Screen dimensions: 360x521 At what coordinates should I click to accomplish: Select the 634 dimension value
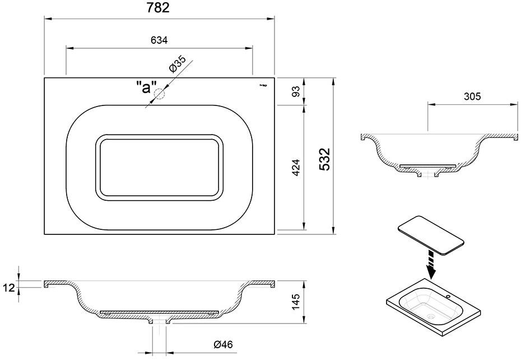pyautogui.click(x=159, y=40)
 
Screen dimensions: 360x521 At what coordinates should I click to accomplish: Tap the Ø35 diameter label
pyautogui.click(x=178, y=67)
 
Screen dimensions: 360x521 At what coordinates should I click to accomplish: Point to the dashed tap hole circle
pyautogui.click(x=161, y=94)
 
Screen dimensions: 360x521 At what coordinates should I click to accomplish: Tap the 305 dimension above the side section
pyautogui.click(x=472, y=96)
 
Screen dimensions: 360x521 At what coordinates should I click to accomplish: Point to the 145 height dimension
pyautogui.click(x=297, y=303)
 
